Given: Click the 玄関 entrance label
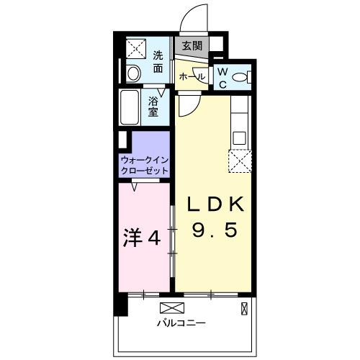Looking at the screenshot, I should pos(192,45).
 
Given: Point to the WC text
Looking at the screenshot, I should pos(222,77).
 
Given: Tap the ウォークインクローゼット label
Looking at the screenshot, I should pos(145,165).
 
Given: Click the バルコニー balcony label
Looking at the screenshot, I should pos(181,323).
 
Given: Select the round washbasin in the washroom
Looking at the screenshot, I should pos(132,72).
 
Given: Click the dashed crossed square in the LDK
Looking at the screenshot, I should pos(238,161).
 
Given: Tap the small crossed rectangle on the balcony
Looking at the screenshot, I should pos(243,309).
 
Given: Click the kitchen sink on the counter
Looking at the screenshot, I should pos(240,137).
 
